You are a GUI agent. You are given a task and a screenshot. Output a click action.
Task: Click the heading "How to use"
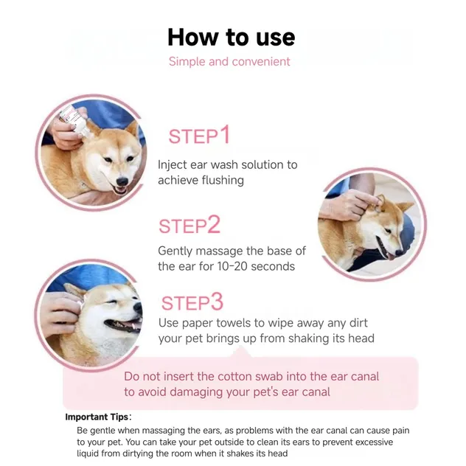[x=231, y=37]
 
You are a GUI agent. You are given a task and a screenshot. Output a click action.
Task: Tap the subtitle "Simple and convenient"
[x=229, y=62]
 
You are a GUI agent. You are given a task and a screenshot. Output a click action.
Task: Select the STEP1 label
[x=199, y=136]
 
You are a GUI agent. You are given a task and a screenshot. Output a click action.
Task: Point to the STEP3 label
[x=192, y=302]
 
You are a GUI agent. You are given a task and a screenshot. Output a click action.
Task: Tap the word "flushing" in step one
[x=220, y=180]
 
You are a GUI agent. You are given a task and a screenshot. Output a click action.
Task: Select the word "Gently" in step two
[x=175, y=251]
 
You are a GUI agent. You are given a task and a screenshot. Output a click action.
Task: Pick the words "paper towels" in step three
[x=217, y=323]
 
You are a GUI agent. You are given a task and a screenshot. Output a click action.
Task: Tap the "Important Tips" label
[x=96, y=417]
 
